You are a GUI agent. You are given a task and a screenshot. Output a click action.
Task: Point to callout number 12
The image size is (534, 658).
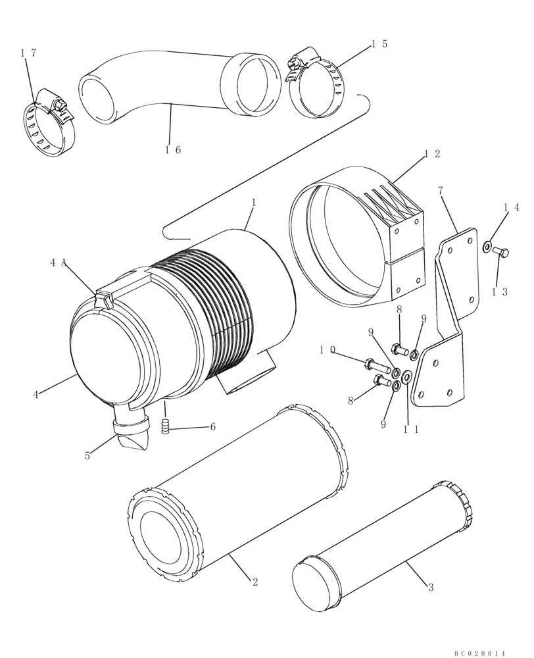(432, 154)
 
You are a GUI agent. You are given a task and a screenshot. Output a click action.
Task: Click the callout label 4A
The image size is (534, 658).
(57, 263)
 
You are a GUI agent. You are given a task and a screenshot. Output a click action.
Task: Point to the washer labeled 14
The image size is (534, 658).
(486, 247)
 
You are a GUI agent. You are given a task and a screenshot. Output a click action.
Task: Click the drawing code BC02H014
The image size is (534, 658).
(480, 652)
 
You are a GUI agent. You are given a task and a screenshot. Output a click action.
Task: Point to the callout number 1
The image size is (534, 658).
(253, 204)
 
